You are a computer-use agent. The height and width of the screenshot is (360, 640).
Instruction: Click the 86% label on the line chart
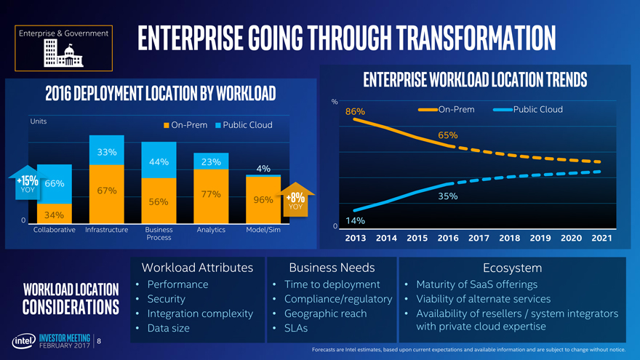[x=355, y=112]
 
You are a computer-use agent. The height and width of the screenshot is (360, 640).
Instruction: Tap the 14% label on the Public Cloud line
[x=355, y=220]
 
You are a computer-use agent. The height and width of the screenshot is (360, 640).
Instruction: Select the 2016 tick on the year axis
[x=447, y=238]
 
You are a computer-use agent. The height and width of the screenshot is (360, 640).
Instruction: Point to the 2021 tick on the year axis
[x=601, y=238]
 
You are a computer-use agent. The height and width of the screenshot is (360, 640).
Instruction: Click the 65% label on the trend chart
[x=447, y=135]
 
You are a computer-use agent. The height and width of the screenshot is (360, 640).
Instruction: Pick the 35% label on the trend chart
[x=447, y=196]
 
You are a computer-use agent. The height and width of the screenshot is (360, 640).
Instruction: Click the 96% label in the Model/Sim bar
[x=263, y=200]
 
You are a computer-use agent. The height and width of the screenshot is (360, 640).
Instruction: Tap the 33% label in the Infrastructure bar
[x=107, y=152]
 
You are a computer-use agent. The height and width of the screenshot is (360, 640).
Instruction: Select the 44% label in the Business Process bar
[x=159, y=161]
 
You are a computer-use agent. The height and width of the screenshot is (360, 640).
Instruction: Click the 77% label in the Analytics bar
[x=211, y=194]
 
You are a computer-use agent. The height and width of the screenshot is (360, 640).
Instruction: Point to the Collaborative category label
[x=55, y=230]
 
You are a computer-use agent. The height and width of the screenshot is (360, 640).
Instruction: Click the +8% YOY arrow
[x=295, y=199]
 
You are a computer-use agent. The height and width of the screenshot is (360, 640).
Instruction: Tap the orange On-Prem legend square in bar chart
[x=166, y=125]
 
